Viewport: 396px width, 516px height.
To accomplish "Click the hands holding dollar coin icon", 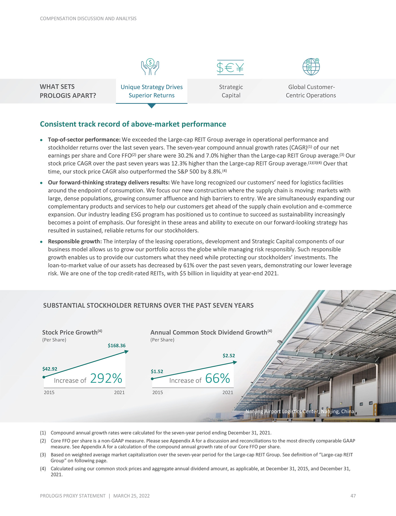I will pyautogui.click(x=150, y=67).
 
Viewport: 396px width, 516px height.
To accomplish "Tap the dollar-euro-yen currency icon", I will pyautogui.click(x=230, y=67).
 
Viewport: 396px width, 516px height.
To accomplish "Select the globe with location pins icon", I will pyautogui.click(x=311, y=67).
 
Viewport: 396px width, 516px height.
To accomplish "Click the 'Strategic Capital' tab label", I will pyautogui.click(x=231, y=91).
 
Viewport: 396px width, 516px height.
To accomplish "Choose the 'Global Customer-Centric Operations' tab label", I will pyautogui.click(x=311, y=91).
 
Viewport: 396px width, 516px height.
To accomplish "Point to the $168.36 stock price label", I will pyautogui.click(x=117, y=345).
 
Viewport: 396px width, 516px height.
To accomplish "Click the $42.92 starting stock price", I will pyautogui.click(x=50, y=369).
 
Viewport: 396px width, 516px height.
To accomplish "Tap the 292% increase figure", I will pyautogui.click(x=106, y=378).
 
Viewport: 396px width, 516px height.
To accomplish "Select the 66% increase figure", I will pyautogui.click(x=218, y=378).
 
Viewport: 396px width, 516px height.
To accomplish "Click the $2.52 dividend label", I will pyautogui.click(x=229, y=356).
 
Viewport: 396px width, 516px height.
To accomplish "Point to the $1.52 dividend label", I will pyautogui.click(x=157, y=371).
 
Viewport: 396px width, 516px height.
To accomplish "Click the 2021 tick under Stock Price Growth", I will pyautogui.click(x=119, y=392).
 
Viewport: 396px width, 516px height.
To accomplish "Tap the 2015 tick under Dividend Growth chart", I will pyautogui.click(x=158, y=392).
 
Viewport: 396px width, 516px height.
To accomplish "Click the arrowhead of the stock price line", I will pyautogui.click(x=126, y=352).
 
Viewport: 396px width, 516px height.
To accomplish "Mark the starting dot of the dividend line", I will pyautogui.click(x=152, y=379).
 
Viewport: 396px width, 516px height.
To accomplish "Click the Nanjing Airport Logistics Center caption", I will pyautogui.click(x=300, y=411).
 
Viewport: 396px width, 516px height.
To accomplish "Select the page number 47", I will pyautogui.click(x=353, y=496).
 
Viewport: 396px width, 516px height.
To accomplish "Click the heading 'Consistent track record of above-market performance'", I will pyautogui.click(x=133, y=124).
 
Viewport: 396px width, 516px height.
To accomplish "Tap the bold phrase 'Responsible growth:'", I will pyautogui.click(x=75, y=241).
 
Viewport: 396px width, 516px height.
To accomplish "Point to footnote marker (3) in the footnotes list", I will pyautogui.click(x=43, y=455).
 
